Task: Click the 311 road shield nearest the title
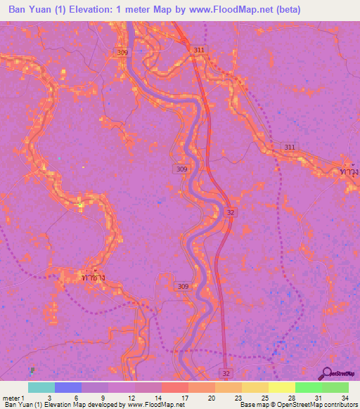coord(200,50)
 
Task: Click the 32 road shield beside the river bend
coord(230,211)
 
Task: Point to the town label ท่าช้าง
coord(94,278)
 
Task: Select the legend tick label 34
coord(344,397)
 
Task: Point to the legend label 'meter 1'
coord(13,397)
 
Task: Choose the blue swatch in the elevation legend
coord(68,387)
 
